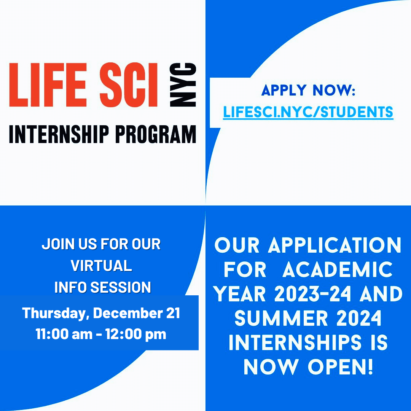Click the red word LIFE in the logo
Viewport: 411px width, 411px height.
click(x=48, y=84)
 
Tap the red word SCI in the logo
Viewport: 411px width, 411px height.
click(x=129, y=84)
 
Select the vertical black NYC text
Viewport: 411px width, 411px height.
click(x=183, y=84)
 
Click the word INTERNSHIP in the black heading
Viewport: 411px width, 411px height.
click(x=59, y=134)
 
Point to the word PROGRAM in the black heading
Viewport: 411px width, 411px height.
click(x=156, y=134)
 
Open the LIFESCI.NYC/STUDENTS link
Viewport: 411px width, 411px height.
click(x=308, y=112)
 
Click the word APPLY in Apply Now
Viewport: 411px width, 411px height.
click(x=284, y=91)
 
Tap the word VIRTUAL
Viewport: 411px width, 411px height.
click(x=101, y=266)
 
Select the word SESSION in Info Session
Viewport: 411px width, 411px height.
click(x=121, y=287)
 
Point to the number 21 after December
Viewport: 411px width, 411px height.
click(x=173, y=313)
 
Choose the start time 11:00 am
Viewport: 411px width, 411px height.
click(x=64, y=334)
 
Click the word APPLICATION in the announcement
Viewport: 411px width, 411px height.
click(x=335, y=245)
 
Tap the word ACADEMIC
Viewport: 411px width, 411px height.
click(x=337, y=269)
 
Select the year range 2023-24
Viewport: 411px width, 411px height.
click(x=312, y=294)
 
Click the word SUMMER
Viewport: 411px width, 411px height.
click(x=281, y=318)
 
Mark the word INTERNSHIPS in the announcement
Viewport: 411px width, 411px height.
click(x=295, y=342)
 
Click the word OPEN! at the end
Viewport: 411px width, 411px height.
click(x=340, y=367)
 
